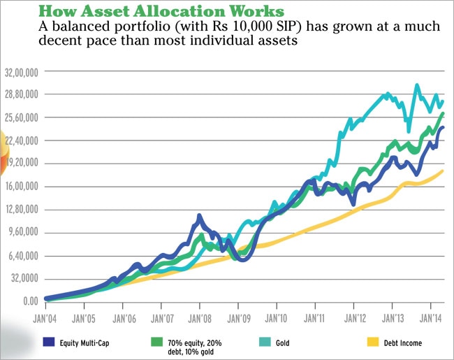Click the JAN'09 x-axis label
[x=238, y=315]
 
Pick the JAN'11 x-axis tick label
[x=315, y=315]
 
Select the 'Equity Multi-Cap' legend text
[x=87, y=343]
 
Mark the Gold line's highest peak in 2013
[x=417, y=85]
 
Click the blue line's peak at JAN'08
[x=199, y=216]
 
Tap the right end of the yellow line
[x=443, y=171]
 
